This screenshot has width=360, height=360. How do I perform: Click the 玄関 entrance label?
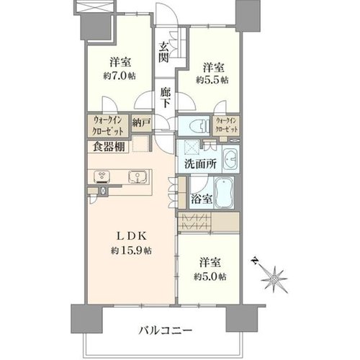164,53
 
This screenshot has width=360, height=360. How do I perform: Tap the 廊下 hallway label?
165,98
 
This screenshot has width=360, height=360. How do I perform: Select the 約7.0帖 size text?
120,76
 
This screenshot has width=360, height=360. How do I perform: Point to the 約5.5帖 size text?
212,80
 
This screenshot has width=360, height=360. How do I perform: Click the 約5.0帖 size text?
210,277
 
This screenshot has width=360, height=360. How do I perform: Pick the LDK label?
131,237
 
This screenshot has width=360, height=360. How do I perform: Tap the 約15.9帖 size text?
131,251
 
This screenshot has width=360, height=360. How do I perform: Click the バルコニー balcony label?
166,330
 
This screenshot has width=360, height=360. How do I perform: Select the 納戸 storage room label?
141,123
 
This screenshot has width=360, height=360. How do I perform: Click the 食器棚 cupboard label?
109,147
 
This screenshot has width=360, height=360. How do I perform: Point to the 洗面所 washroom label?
201,164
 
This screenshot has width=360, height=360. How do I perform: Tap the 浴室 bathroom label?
202,199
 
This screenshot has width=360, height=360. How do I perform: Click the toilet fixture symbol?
199,125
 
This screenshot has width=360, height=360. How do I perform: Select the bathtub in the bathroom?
224,192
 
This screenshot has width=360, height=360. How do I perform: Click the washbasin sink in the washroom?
230,158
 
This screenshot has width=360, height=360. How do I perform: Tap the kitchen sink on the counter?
138,177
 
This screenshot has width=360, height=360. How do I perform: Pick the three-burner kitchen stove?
102,176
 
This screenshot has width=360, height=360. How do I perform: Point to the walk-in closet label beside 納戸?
109,125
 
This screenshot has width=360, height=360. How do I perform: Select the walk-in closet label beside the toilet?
227,125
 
